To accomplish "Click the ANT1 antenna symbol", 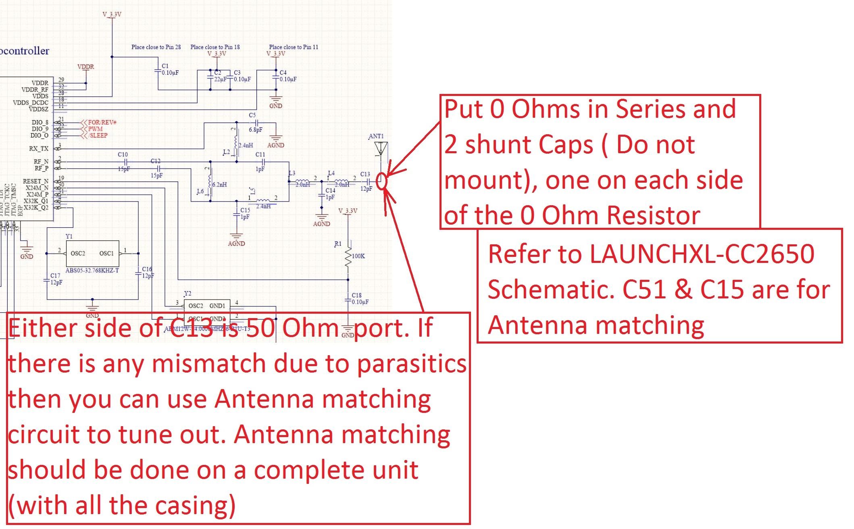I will pyautogui.click(x=380, y=149).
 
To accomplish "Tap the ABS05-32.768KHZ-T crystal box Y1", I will pyautogui.click(x=92, y=253).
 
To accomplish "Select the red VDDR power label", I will pyautogui.click(x=85, y=67).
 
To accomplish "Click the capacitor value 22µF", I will pyautogui.click(x=221, y=79).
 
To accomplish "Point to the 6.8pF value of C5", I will pyautogui.click(x=256, y=130).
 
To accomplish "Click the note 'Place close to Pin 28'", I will pyautogui.click(x=156, y=47).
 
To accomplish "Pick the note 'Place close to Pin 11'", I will pyautogui.click(x=294, y=47).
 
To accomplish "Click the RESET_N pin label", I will pyautogui.click(x=35, y=181).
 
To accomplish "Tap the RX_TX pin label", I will pyautogui.click(x=39, y=149).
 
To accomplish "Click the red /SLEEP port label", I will pyautogui.click(x=98, y=135).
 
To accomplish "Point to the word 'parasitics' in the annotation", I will pyautogui.click(x=411, y=364).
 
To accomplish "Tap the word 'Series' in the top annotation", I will pyautogui.click(x=649, y=109).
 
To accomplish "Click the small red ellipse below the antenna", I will pyautogui.click(x=382, y=181).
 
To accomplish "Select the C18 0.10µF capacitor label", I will pyautogui.click(x=359, y=299).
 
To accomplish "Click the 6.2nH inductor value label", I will pyautogui.click(x=219, y=185).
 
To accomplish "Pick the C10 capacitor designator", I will pyautogui.click(x=123, y=155).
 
